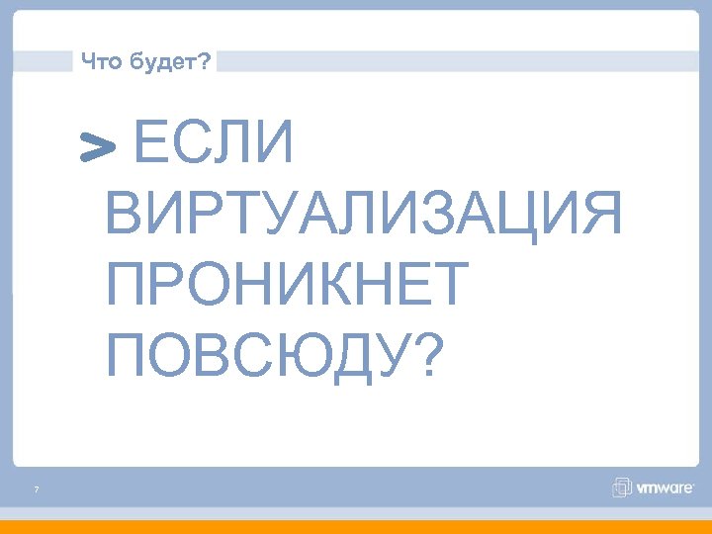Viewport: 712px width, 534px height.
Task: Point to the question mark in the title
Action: point(204,62)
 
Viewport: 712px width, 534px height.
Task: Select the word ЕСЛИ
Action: point(213,144)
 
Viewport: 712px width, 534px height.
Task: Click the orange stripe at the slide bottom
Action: point(356,526)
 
